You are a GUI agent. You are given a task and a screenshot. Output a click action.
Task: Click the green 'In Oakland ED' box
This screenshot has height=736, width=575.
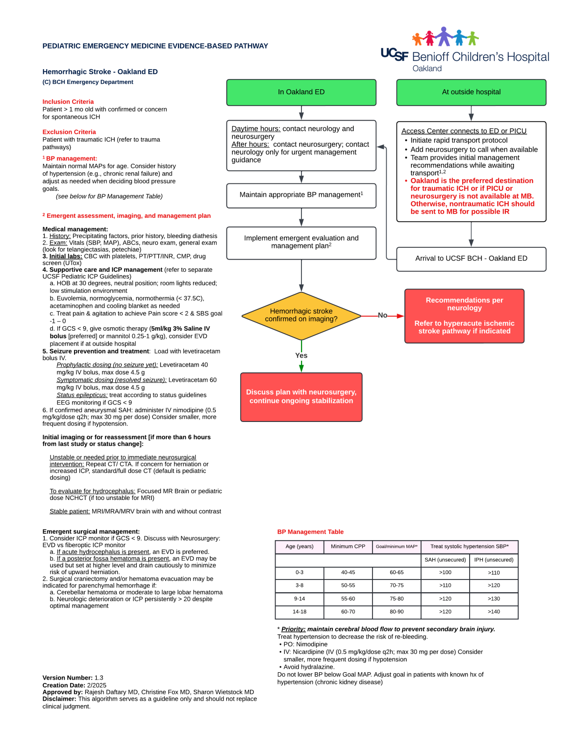(301, 92)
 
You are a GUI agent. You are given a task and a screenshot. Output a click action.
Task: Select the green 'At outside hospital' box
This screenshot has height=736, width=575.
(471, 92)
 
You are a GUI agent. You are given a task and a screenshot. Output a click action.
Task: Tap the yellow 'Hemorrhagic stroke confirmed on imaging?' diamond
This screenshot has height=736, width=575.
(301, 315)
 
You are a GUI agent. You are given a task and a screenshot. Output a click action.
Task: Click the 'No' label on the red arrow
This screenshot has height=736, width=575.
(382, 315)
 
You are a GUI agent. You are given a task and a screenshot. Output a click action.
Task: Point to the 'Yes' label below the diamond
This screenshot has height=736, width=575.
(301, 356)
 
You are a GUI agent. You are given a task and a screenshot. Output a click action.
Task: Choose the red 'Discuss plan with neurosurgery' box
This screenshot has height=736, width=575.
(301, 397)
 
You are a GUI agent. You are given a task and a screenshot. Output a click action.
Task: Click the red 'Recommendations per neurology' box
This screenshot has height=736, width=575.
(464, 315)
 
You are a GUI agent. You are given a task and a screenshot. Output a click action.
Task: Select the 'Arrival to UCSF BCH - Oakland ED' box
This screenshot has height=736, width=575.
(471, 259)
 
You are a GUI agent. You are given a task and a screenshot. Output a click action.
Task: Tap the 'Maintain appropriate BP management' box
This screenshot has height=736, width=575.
(301, 195)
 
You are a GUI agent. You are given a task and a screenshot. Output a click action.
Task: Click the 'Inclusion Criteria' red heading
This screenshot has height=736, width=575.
(68, 102)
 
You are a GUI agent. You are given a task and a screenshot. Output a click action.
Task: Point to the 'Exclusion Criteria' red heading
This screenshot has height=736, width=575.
(69, 132)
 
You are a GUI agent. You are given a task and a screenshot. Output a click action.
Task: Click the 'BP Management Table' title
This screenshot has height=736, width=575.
(310, 532)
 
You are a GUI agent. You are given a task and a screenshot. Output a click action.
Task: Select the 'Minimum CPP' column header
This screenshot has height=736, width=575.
(348, 547)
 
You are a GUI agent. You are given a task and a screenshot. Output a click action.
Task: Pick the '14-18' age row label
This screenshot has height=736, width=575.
(300, 612)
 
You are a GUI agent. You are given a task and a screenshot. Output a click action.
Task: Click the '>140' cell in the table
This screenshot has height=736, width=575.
(494, 612)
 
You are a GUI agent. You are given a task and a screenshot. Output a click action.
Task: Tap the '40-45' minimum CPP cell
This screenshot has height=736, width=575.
(348, 573)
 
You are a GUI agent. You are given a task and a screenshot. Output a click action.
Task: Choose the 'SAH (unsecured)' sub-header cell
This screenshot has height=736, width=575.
(445, 560)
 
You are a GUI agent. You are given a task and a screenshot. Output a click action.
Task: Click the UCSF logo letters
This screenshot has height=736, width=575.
(394, 54)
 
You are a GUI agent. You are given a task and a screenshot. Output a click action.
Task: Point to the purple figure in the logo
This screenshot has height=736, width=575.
(444, 36)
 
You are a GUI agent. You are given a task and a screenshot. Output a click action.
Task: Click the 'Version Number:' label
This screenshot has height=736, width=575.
(67, 678)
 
